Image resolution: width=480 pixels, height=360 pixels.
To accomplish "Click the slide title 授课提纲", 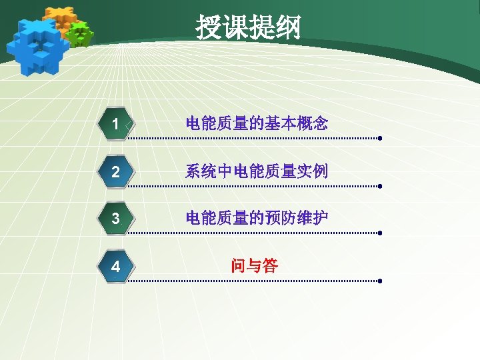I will click(x=248, y=28).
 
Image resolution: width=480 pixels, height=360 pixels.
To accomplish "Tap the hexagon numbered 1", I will click(x=116, y=124).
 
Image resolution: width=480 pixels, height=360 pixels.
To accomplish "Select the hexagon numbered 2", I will click(x=116, y=172).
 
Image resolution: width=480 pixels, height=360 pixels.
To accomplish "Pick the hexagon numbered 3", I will click(x=116, y=219).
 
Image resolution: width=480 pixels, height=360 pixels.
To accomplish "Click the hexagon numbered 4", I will click(x=116, y=267).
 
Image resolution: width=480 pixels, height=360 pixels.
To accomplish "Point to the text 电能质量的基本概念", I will click(x=257, y=123).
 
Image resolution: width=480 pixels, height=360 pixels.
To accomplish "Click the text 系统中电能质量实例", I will click(x=257, y=171).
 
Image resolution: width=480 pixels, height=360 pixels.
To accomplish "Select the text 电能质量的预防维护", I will click(x=257, y=218).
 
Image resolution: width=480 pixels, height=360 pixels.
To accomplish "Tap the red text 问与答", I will click(x=254, y=266).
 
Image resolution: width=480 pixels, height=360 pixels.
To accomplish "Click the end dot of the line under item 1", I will click(x=379, y=139).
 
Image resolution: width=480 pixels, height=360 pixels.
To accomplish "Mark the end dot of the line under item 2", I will click(x=379, y=187).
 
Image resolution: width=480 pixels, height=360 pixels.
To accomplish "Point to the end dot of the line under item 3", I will click(x=379, y=234).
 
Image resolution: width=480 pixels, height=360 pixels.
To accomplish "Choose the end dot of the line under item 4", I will click(x=379, y=281).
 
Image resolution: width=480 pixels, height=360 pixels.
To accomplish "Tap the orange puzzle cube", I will click(x=61, y=20).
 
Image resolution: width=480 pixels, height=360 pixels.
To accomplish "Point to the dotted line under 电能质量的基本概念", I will click(x=253, y=139).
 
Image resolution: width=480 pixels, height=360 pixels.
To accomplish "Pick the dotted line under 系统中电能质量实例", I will click(x=253, y=187).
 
